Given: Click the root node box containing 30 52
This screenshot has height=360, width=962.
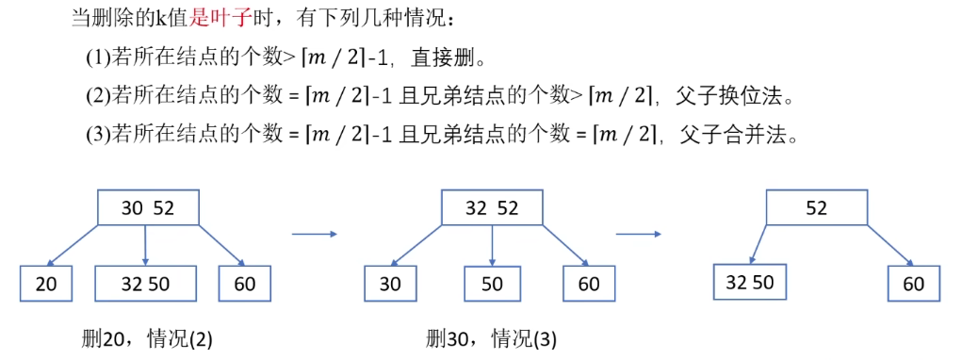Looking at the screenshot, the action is click(x=148, y=208).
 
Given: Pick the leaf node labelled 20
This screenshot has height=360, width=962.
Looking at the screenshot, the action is click(x=47, y=283).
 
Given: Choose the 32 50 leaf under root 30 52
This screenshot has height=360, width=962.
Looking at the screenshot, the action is click(x=145, y=283).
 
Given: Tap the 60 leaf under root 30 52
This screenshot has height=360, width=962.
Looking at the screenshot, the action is click(x=244, y=283).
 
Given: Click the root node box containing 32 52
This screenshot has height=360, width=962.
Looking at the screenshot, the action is click(x=492, y=208).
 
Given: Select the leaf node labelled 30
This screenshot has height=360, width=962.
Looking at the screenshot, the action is click(x=390, y=283).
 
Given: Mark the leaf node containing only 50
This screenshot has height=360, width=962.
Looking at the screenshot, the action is click(x=492, y=283).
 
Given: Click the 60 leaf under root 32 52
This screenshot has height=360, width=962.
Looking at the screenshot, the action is click(x=589, y=283).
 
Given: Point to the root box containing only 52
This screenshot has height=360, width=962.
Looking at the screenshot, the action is click(x=816, y=208).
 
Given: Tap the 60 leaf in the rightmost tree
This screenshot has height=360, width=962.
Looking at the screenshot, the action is click(x=913, y=283).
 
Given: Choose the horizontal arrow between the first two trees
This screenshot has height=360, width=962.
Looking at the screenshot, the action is click(x=314, y=233).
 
